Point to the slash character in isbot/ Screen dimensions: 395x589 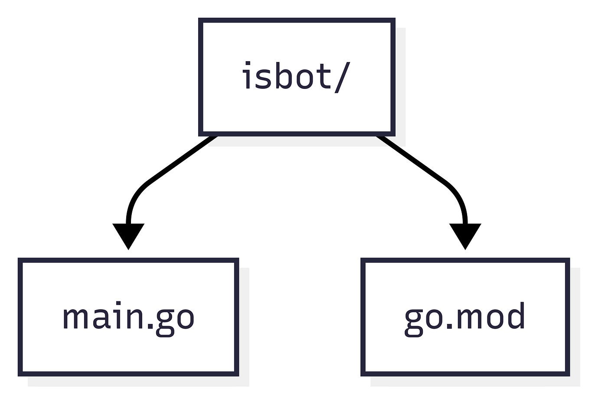pyautogui.click(x=342, y=77)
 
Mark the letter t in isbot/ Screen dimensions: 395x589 pyautogui.click(x=324, y=77)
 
